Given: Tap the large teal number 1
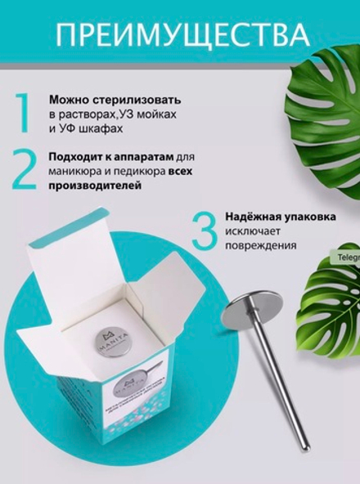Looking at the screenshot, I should pyautogui.click(x=24, y=114).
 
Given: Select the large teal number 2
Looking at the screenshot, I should pyautogui.click(x=25, y=169).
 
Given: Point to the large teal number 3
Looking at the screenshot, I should pyautogui.click(x=202, y=231).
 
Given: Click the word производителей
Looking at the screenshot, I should pyautogui.click(x=94, y=186).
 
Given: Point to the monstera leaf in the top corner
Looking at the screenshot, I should pyautogui.click(x=323, y=98).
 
